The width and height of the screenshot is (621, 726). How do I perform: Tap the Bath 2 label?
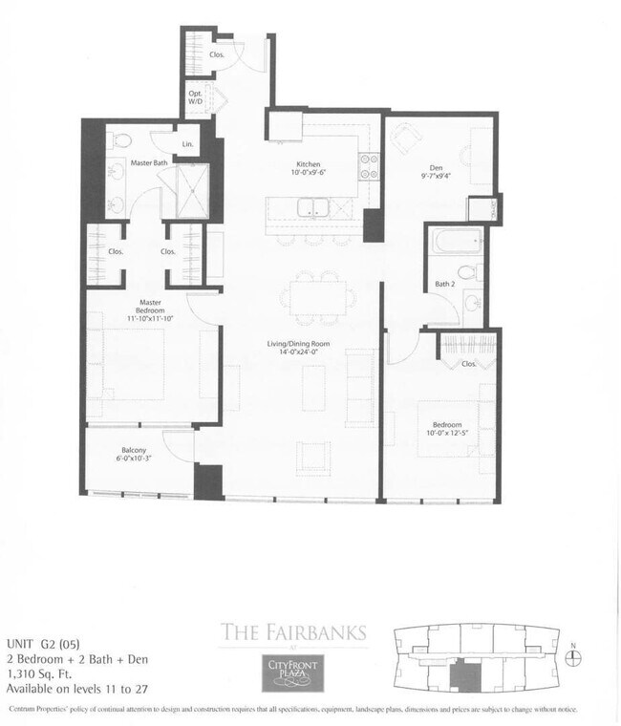click(x=444, y=284)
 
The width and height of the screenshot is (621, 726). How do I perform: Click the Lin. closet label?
click(x=187, y=143)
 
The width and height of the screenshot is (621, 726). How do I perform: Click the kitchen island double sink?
click(x=313, y=207)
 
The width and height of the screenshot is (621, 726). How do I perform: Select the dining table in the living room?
click(x=312, y=298)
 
